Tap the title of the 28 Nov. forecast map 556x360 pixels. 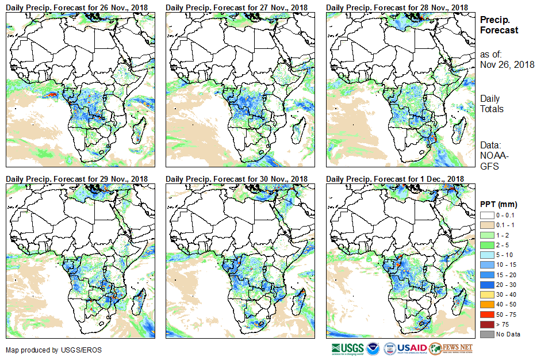pyautogui.click(x=397, y=7)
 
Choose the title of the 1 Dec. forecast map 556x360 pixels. pyautogui.click(x=395, y=179)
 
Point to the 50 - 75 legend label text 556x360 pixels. pyautogui.click(x=506, y=315)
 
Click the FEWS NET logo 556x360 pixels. pyautogui.click(x=451, y=348)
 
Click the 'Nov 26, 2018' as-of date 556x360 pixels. pyautogui.click(x=507, y=64)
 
